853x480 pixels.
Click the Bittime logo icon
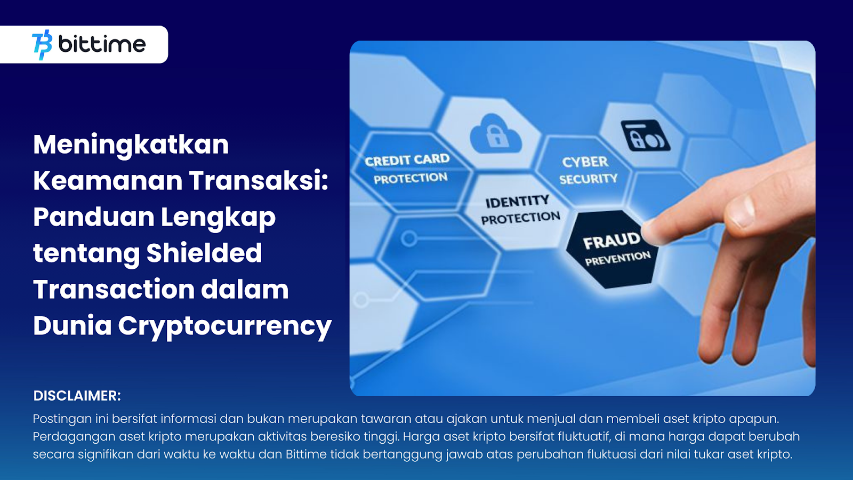point(42,45)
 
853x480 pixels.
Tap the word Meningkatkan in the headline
point(131,146)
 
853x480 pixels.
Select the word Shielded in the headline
point(205,253)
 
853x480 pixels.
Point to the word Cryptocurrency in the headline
point(224,326)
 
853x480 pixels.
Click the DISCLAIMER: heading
point(77,396)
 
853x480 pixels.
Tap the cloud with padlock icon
point(495,133)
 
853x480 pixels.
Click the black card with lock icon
point(646,135)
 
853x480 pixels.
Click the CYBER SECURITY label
point(588,170)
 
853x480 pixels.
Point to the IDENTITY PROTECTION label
point(520,210)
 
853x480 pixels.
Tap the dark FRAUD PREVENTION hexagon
point(613,249)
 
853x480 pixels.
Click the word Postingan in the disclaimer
point(62,419)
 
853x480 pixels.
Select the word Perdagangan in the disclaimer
point(74,437)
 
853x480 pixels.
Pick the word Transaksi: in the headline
point(259,181)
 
